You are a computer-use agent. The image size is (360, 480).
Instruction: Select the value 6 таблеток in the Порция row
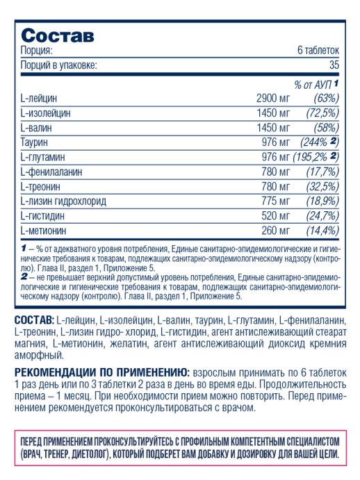coord(318,51)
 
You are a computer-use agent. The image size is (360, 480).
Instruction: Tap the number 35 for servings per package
coord(334,65)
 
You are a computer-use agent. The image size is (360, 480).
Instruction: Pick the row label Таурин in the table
coord(35,142)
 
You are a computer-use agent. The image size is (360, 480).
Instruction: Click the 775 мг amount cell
coord(277,200)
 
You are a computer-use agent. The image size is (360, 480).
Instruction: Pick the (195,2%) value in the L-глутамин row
coord(314,156)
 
